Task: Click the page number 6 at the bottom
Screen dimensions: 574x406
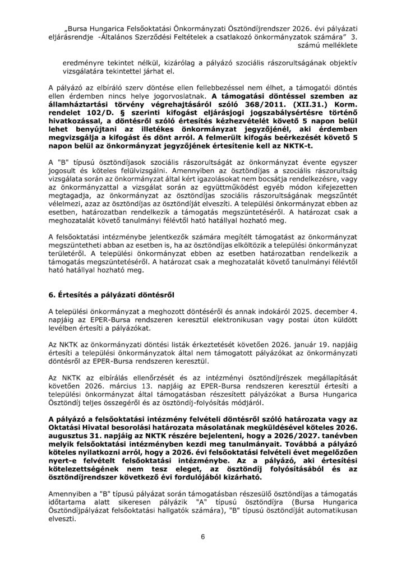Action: coord(202,538)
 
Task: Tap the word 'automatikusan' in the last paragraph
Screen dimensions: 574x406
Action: coord(329,511)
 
